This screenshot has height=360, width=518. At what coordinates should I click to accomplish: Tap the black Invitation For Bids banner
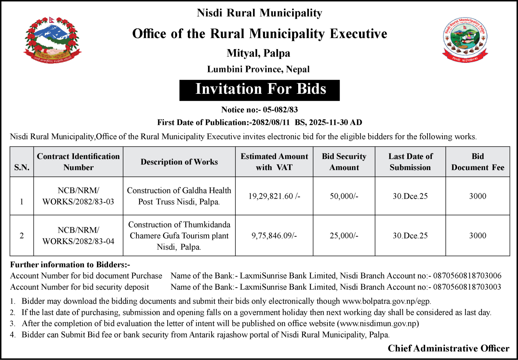(260, 89)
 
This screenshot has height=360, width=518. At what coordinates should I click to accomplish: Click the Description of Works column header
(179, 162)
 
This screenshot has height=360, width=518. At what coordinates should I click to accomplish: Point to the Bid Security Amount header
(344, 162)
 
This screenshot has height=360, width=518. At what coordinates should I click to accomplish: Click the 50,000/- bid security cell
(344, 196)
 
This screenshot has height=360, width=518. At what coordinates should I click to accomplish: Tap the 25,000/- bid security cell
(344, 236)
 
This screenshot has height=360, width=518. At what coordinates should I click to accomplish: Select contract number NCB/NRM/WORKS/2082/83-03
(78, 196)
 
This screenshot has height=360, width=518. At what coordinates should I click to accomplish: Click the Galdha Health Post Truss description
(179, 196)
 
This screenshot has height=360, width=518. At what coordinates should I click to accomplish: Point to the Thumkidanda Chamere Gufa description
(179, 236)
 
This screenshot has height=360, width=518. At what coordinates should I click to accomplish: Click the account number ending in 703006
(467, 276)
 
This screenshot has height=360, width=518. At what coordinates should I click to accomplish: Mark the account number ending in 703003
(467, 287)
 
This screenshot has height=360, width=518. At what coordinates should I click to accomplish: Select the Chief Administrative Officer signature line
(448, 348)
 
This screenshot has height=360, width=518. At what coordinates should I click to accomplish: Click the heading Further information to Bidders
(70, 264)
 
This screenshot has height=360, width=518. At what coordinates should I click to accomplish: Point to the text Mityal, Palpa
(258, 53)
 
